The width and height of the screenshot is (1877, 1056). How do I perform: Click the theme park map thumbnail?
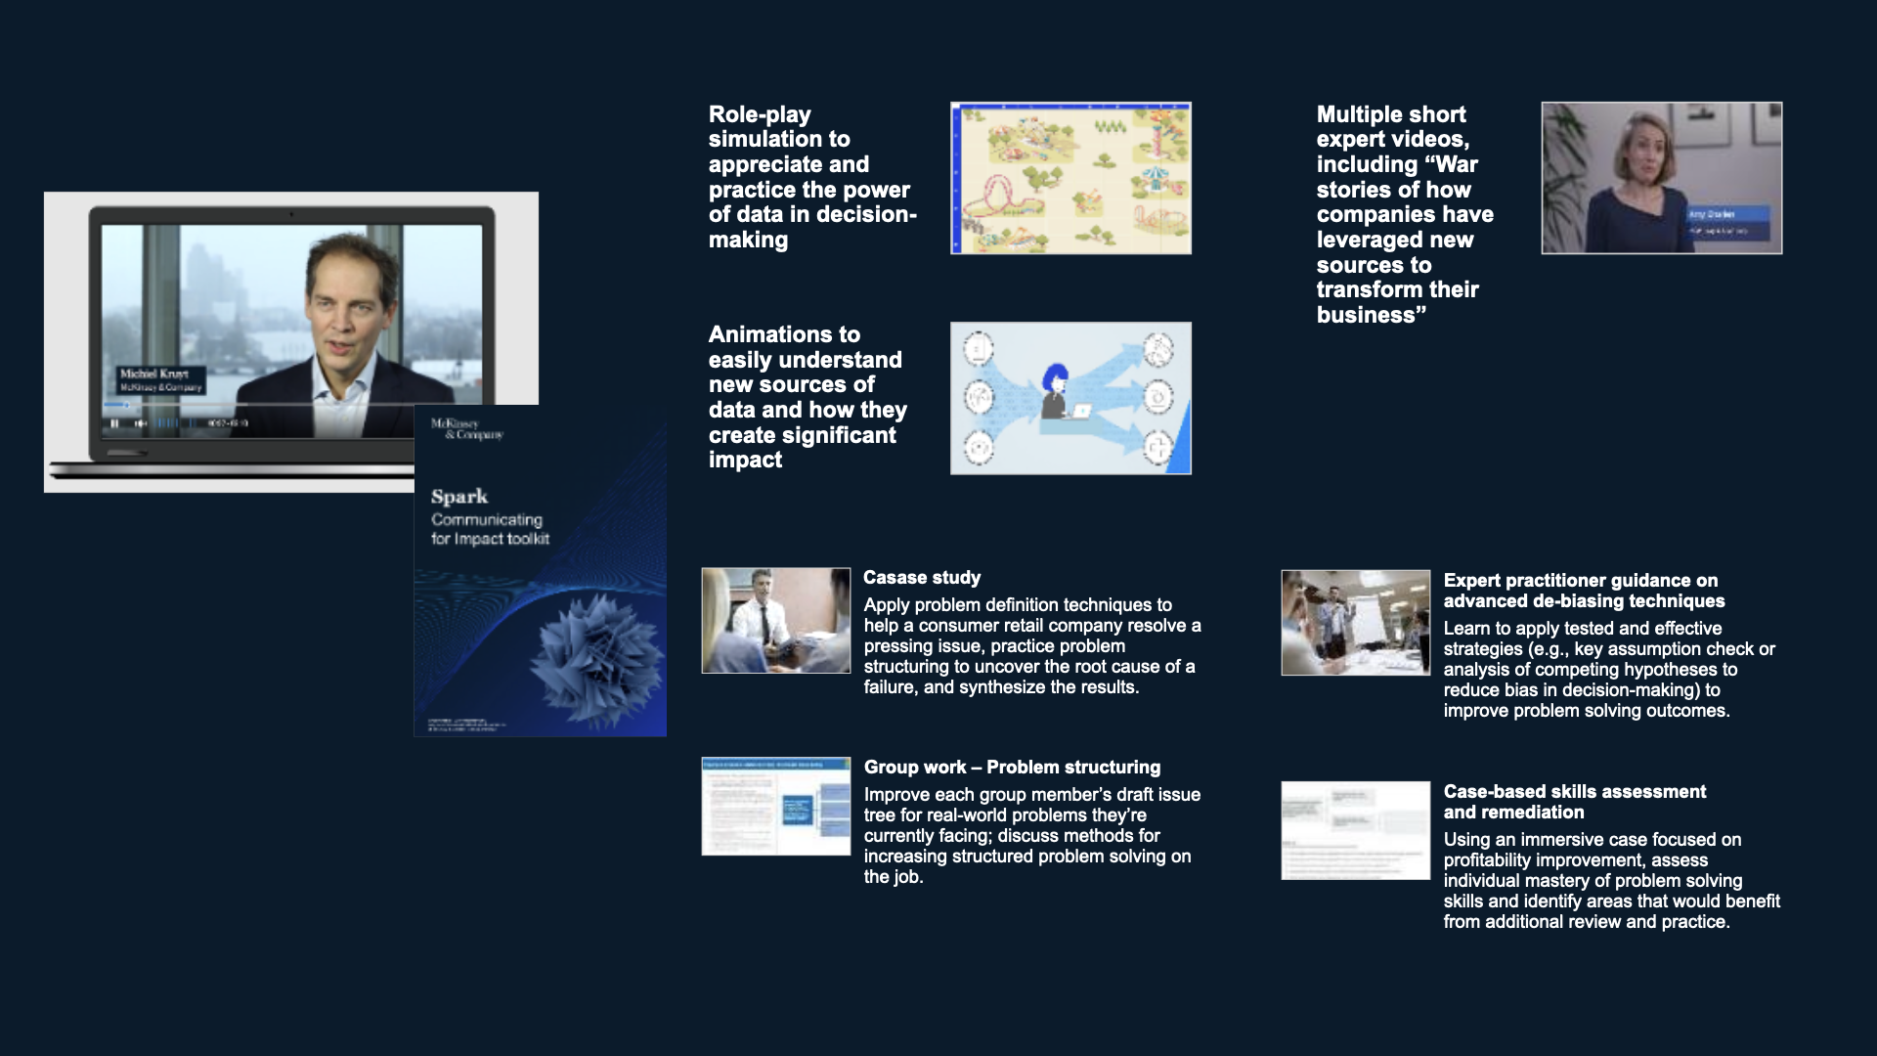[x=1070, y=178]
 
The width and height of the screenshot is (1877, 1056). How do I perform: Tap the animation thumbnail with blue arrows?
[x=1070, y=398]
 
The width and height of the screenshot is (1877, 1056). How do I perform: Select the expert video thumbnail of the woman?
[x=1661, y=178]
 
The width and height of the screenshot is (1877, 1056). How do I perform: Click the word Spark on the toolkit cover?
[x=459, y=497]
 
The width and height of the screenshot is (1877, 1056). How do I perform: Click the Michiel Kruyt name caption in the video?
[x=154, y=374]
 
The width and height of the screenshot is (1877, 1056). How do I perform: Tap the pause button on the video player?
[x=114, y=423]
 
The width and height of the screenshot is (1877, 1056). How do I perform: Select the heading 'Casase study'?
[x=922, y=578]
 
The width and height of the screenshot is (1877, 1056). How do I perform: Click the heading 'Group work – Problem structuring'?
[x=1012, y=768]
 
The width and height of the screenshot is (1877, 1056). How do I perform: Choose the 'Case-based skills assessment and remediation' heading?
[x=1574, y=802]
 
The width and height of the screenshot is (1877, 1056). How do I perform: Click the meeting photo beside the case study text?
[x=776, y=621]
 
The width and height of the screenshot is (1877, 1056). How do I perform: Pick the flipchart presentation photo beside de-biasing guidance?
[x=1355, y=623]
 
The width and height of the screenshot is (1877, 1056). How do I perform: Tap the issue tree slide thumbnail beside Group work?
[x=776, y=807]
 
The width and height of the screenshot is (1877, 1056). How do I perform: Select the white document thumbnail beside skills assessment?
[x=1355, y=830]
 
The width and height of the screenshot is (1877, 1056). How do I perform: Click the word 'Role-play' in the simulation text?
[x=760, y=114]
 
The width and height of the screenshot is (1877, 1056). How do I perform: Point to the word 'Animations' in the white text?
[x=784, y=334]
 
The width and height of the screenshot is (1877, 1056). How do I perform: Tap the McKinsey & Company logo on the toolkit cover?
[x=467, y=428]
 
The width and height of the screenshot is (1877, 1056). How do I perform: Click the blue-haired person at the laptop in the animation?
[x=1056, y=391]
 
